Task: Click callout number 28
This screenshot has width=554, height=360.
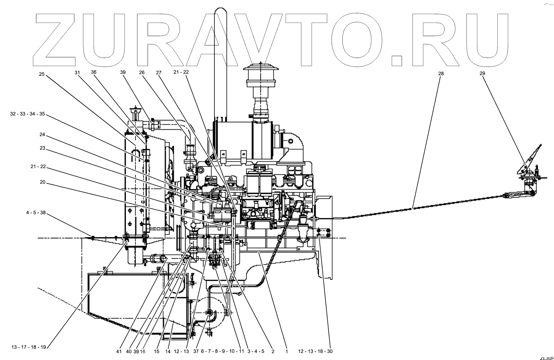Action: (441, 73)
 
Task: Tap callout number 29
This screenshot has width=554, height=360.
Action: (482, 73)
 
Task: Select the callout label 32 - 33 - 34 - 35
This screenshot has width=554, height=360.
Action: (27, 114)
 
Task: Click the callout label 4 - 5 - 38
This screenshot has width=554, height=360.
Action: (36, 213)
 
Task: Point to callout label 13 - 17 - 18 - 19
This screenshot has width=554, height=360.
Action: (29, 347)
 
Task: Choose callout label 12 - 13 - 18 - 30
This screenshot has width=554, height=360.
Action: (315, 351)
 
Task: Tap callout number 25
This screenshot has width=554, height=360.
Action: (42, 74)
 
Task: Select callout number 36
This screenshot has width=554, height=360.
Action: (94, 72)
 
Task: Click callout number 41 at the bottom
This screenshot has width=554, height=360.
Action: (119, 351)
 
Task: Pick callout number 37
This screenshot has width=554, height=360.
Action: (196, 351)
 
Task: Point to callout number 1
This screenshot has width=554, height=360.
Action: (286, 351)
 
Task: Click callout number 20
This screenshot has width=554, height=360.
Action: (42, 182)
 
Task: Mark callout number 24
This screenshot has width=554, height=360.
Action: (42, 134)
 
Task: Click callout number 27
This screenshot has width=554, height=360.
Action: (158, 73)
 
